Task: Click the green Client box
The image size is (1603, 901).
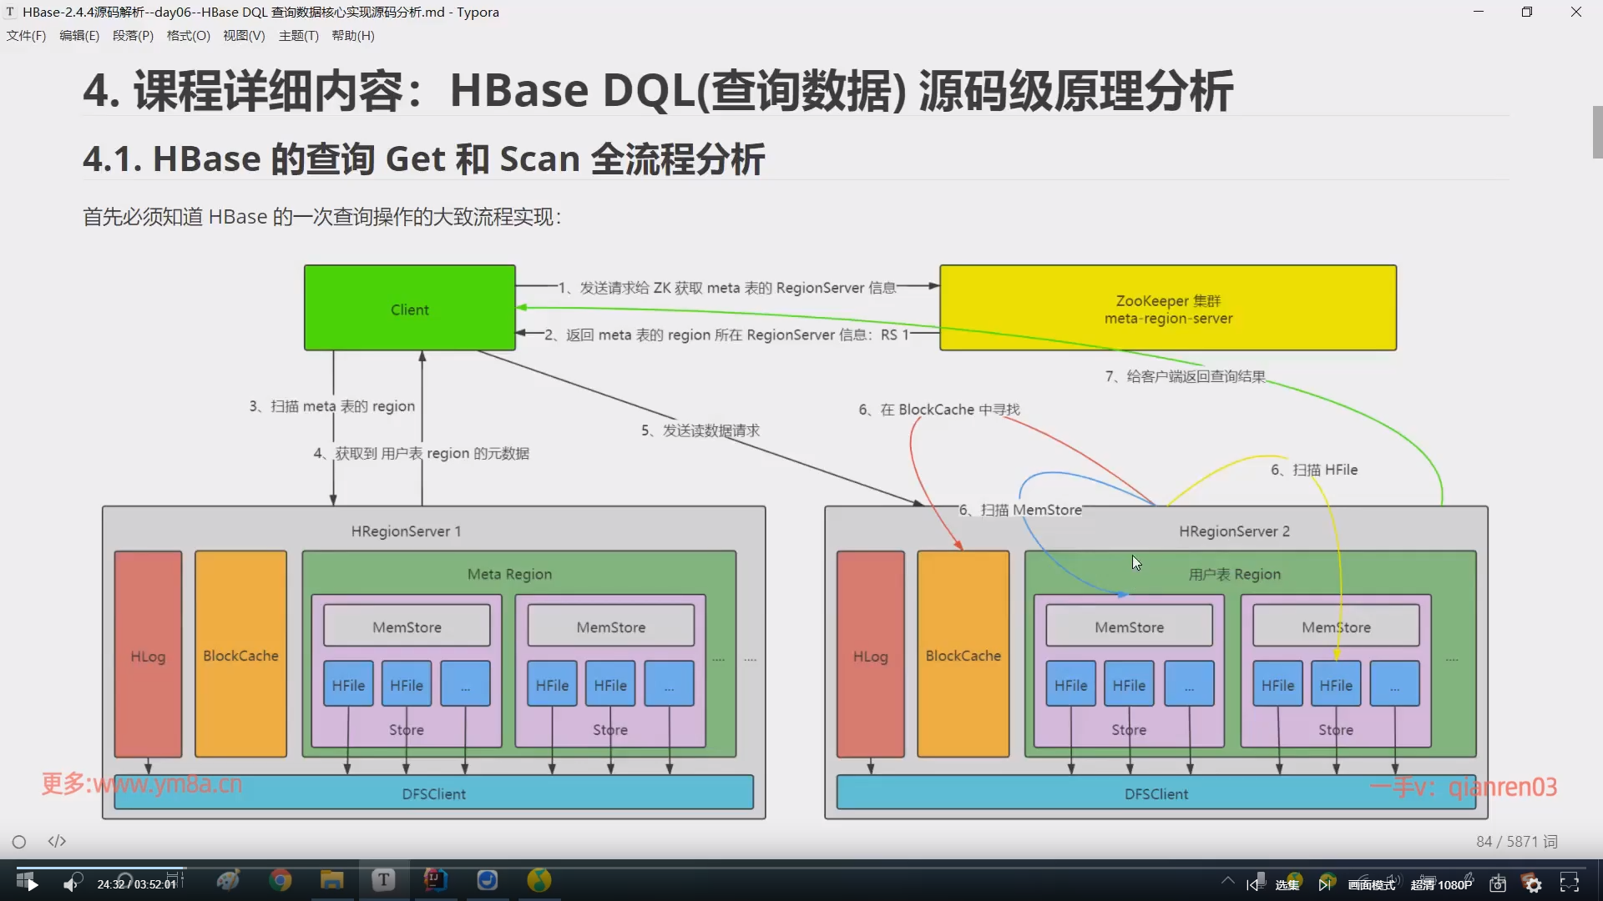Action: pyautogui.click(x=409, y=308)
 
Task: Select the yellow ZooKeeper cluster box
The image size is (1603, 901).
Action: pyautogui.click(x=1167, y=308)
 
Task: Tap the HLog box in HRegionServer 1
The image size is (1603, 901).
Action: pyautogui.click(x=148, y=655)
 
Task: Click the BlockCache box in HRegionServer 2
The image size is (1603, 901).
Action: pyautogui.click(x=963, y=655)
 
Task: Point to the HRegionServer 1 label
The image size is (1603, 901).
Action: pyautogui.click(x=406, y=531)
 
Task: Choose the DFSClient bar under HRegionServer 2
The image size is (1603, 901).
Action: pyautogui.click(x=1155, y=793)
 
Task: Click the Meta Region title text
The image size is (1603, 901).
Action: pyautogui.click(x=509, y=574)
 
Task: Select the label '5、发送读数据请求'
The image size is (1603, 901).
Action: pyautogui.click(x=700, y=430)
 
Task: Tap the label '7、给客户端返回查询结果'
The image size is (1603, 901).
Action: pyautogui.click(x=1186, y=376)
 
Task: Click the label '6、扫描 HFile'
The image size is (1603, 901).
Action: pyautogui.click(x=1314, y=470)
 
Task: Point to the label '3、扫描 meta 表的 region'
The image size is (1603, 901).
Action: pyautogui.click(x=332, y=406)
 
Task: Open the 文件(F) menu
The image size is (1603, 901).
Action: pyautogui.click(x=26, y=36)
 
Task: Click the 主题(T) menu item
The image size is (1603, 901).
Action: pyautogui.click(x=298, y=36)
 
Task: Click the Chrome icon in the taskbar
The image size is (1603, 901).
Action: pyautogui.click(x=281, y=880)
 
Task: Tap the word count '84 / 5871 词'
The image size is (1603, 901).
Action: pyautogui.click(x=1516, y=842)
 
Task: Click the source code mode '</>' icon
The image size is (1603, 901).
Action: pyautogui.click(x=57, y=842)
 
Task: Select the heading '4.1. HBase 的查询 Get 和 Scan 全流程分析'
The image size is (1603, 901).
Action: pyautogui.click(x=423, y=159)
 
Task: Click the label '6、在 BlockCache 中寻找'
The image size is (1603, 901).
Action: pyautogui.click(x=939, y=410)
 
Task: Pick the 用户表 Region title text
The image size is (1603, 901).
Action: pyautogui.click(x=1234, y=574)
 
